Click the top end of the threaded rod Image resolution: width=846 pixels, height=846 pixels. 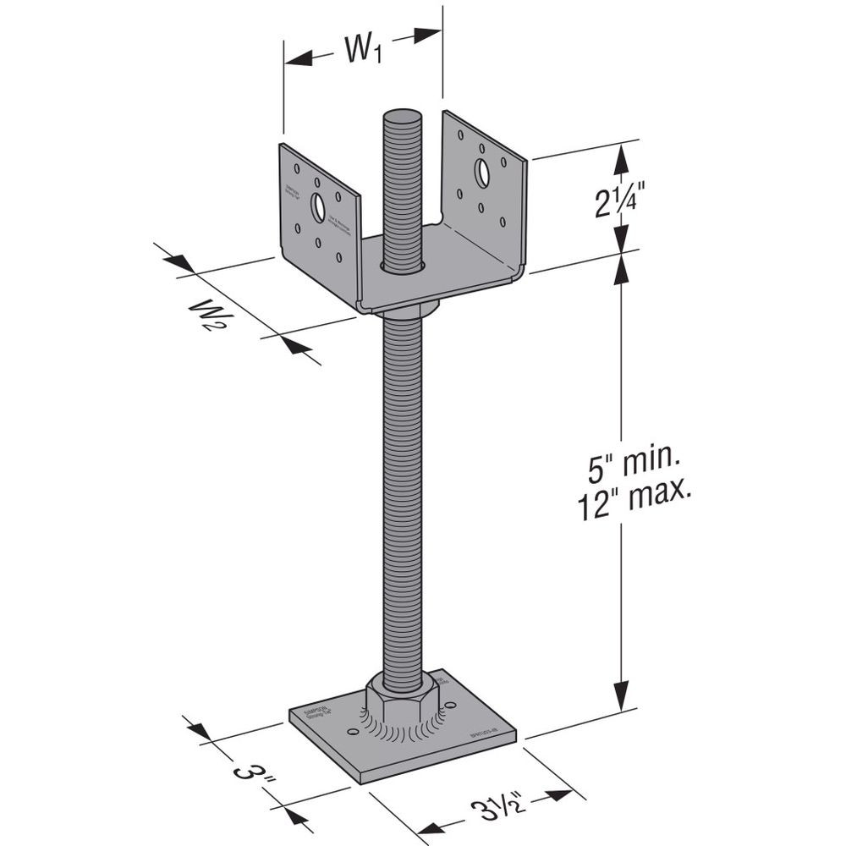(x=402, y=117)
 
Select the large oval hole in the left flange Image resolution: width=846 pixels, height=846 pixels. (x=318, y=207)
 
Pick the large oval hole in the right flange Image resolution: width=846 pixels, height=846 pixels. (x=481, y=173)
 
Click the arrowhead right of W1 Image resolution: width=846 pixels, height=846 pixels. (x=427, y=36)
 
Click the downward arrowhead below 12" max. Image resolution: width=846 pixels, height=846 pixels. (x=624, y=698)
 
